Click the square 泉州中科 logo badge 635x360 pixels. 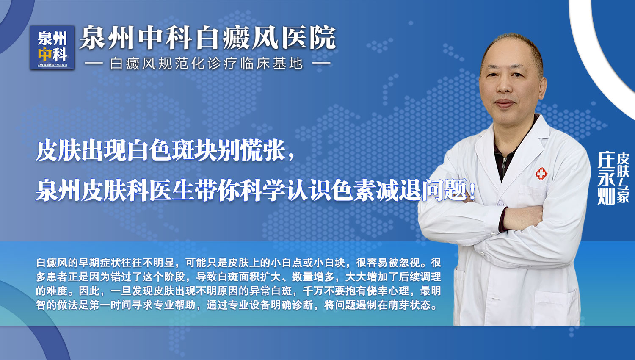pyautogui.click(x=52, y=47)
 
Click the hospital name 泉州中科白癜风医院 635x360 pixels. pyautogui.click(x=207, y=38)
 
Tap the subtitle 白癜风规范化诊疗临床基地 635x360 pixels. pyautogui.click(x=207, y=64)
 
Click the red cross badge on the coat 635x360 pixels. pyautogui.click(x=541, y=173)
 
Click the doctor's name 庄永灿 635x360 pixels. pyautogui.click(x=606, y=178)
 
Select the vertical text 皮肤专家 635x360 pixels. pyautogui.click(x=623, y=178)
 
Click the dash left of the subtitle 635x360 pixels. pyautogui.click(x=94, y=64)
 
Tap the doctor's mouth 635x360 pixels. pyautogui.click(x=505, y=103)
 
